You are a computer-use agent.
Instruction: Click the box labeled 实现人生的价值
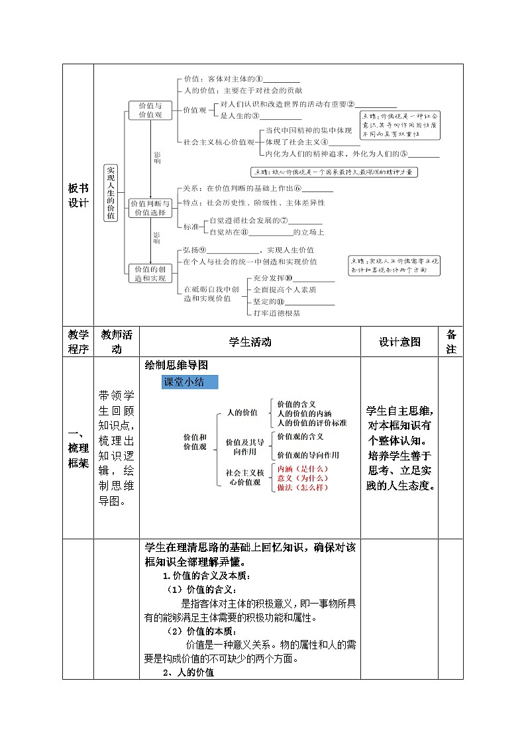(x=111, y=192)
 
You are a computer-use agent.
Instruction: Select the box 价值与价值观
(x=150, y=110)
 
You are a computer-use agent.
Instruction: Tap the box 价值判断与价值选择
(x=150, y=208)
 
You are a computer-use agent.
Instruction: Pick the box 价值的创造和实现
(x=150, y=274)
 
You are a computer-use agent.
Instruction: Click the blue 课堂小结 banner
(x=189, y=382)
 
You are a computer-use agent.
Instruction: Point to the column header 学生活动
(x=250, y=342)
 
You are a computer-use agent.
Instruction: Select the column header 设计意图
(x=399, y=342)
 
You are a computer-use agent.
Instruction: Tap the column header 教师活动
(x=117, y=342)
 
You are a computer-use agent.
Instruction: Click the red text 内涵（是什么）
(x=303, y=468)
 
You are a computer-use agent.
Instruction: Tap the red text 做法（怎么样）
(x=303, y=487)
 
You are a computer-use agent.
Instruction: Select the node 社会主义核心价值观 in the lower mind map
(x=244, y=477)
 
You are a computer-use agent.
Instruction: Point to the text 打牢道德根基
(x=277, y=313)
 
